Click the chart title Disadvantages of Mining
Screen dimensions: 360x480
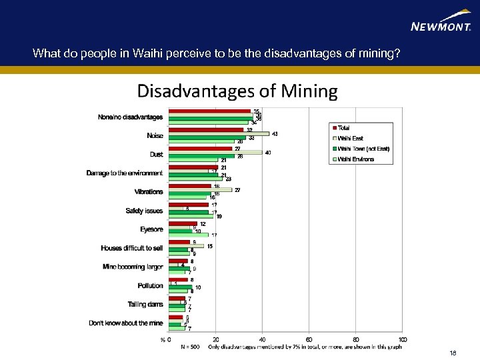coord(237,91)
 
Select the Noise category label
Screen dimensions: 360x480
coord(155,136)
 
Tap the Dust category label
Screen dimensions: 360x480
coord(156,155)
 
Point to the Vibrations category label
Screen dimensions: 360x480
coord(149,192)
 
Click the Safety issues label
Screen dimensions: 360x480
coord(144,211)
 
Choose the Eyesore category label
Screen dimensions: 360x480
coord(151,229)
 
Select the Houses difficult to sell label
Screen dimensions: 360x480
coord(131,248)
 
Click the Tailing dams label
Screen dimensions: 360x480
coord(145,305)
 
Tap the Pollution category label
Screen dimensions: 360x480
coord(150,286)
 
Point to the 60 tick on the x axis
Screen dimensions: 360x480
coord(309,339)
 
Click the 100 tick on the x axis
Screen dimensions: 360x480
coord(402,339)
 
